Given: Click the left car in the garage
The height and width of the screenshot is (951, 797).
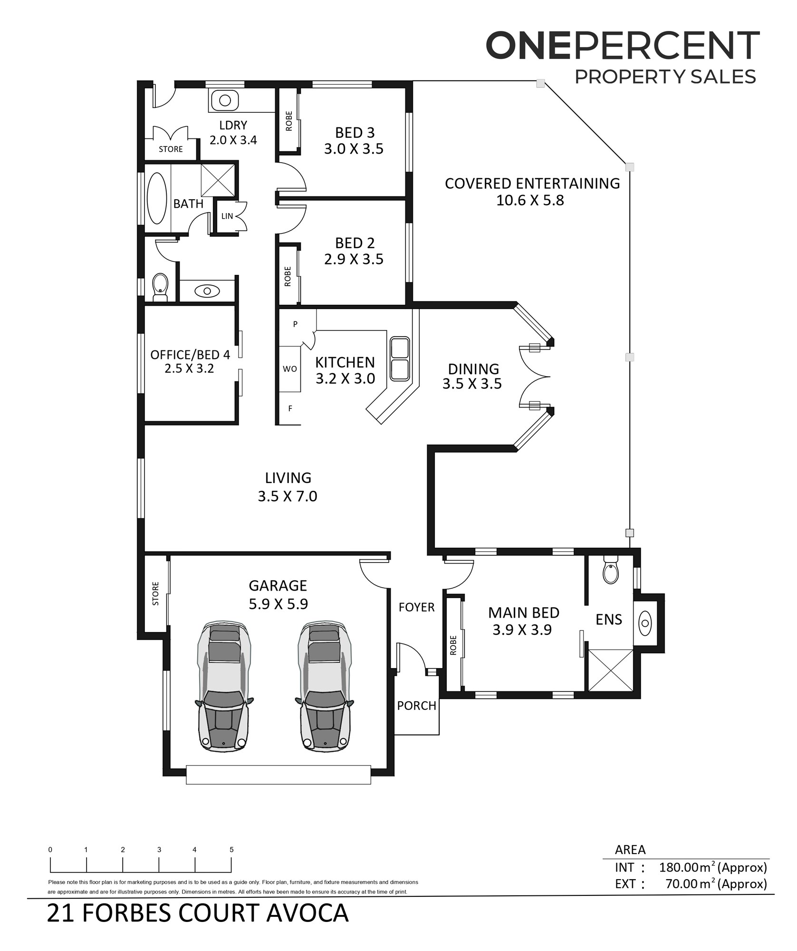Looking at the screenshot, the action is pos(224,686).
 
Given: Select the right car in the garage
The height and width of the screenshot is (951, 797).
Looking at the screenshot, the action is pos(325,686).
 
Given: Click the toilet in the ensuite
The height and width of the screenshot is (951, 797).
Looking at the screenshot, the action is pos(611,571).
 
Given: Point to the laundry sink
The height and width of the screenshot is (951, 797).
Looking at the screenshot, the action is pos(225,100).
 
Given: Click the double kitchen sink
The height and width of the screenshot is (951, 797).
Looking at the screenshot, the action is pos(400,359).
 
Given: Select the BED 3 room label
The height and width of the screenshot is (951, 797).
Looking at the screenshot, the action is pos(355,133).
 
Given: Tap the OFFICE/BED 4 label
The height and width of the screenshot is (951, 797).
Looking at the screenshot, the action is pos(190,355).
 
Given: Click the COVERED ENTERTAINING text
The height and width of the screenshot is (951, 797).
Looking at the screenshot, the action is pos(532,184).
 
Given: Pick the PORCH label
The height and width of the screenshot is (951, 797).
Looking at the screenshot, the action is pos(417,706).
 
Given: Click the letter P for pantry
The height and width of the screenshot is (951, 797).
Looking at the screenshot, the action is pos(295,324).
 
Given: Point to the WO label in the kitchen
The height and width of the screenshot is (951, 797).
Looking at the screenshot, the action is pos(290,369).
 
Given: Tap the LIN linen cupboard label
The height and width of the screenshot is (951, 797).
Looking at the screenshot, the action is pos(227,216).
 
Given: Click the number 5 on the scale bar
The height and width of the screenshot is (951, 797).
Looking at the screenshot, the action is pos(231,850).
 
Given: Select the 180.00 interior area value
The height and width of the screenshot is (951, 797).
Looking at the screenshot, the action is pos(679,868).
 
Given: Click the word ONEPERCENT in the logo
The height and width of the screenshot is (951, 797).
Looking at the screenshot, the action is pos(623,46).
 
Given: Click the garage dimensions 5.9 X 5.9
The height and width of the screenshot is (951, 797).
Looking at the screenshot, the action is pos(278,604).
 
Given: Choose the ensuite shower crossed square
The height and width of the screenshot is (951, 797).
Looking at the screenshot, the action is pos(611,670).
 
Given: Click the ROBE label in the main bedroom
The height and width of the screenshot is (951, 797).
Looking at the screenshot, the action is pos(453,645).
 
